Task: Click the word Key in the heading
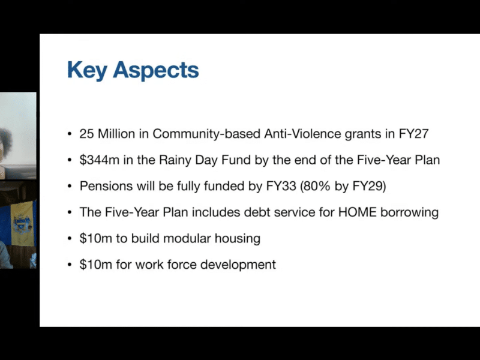coord(87,70)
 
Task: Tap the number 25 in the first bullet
coord(86,134)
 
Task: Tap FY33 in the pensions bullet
coord(281,186)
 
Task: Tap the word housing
coord(239,238)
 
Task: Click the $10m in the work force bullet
coord(93,264)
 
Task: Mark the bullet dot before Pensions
coord(70,187)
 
